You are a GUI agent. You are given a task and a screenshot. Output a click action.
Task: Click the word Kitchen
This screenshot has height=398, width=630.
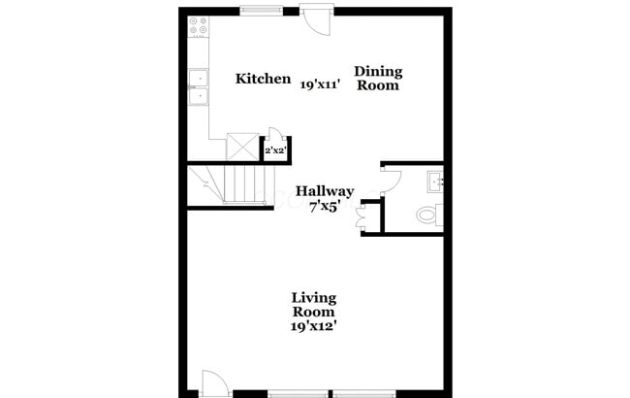coord(263,79)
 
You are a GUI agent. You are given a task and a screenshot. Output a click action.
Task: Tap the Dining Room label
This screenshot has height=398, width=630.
coord(378,78)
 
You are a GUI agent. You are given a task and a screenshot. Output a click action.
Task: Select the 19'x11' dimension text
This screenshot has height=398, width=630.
coord(321,84)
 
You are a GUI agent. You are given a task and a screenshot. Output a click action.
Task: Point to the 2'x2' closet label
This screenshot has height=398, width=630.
coord(275,150)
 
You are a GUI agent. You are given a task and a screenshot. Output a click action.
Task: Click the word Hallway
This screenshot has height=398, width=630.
coord(325,191)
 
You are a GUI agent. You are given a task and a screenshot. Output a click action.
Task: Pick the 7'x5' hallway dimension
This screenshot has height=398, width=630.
coord(325,207)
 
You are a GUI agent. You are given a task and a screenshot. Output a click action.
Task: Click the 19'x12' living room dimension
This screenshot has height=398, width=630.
coord(313,326)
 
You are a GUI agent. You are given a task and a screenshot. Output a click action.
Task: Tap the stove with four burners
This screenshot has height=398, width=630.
coord(199,26)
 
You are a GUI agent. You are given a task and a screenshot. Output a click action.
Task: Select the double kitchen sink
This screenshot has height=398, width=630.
coord(199,87)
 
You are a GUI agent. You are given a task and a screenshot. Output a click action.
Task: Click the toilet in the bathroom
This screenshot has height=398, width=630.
coord(429,215)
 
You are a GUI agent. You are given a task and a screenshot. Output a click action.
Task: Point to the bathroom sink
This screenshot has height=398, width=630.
coord(435,182)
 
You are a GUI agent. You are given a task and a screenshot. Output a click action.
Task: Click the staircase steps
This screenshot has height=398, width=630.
coord(244,184)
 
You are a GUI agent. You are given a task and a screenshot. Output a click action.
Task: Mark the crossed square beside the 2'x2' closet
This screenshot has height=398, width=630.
coord(242,147)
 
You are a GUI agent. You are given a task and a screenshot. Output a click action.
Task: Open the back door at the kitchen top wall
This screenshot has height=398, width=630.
coord(316,19)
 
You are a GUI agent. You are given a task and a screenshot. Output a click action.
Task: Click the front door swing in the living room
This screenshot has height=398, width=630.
coord(215,381)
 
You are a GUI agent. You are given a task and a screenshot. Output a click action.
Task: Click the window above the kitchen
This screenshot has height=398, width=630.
coord(262,10)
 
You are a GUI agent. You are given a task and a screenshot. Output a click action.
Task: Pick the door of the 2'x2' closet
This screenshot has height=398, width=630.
coord(275,133)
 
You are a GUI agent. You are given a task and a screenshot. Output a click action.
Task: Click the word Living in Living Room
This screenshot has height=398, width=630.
coord(314,298)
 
